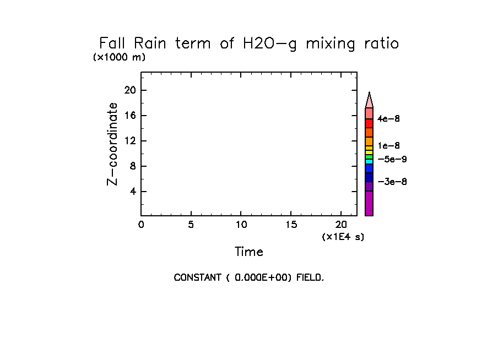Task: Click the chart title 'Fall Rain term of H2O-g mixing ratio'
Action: tap(248, 43)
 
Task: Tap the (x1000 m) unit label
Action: tap(120, 57)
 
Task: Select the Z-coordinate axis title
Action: tap(112, 144)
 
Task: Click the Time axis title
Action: tap(249, 252)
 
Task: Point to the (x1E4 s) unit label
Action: tap(343, 237)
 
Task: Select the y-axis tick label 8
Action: tap(133, 166)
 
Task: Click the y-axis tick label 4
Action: tap(133, 192)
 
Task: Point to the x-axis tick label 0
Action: tap(141, 224)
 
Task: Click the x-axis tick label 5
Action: tap(191, 224)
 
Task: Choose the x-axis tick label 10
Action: tap(241, 224)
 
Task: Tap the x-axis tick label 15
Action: tap(291, 224)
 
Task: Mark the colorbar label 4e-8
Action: tap(389, 118)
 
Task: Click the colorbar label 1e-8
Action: tap(389, 146)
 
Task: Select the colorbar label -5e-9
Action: tap(392, 159)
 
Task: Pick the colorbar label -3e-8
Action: tap(392, 182)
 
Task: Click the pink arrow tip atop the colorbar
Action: tap(369, 100)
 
